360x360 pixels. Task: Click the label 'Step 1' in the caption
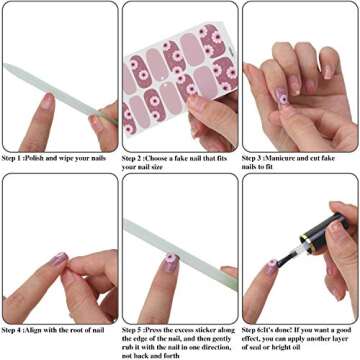pos(17,158)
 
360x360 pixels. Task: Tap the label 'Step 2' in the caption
pos(137,158)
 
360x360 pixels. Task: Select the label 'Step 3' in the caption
pos(257,158)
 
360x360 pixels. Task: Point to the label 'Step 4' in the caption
pos(17,328)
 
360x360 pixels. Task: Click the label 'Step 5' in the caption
pos(137,328)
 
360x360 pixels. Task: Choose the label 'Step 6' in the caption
pos(257,328)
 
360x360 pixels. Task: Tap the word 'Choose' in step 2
pos(169,158)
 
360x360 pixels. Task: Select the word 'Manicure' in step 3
pos(293,158)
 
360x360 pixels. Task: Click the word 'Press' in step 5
pos(166,328)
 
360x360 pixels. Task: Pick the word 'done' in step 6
pos(292,328)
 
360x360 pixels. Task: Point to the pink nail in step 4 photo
pos(59,260)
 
